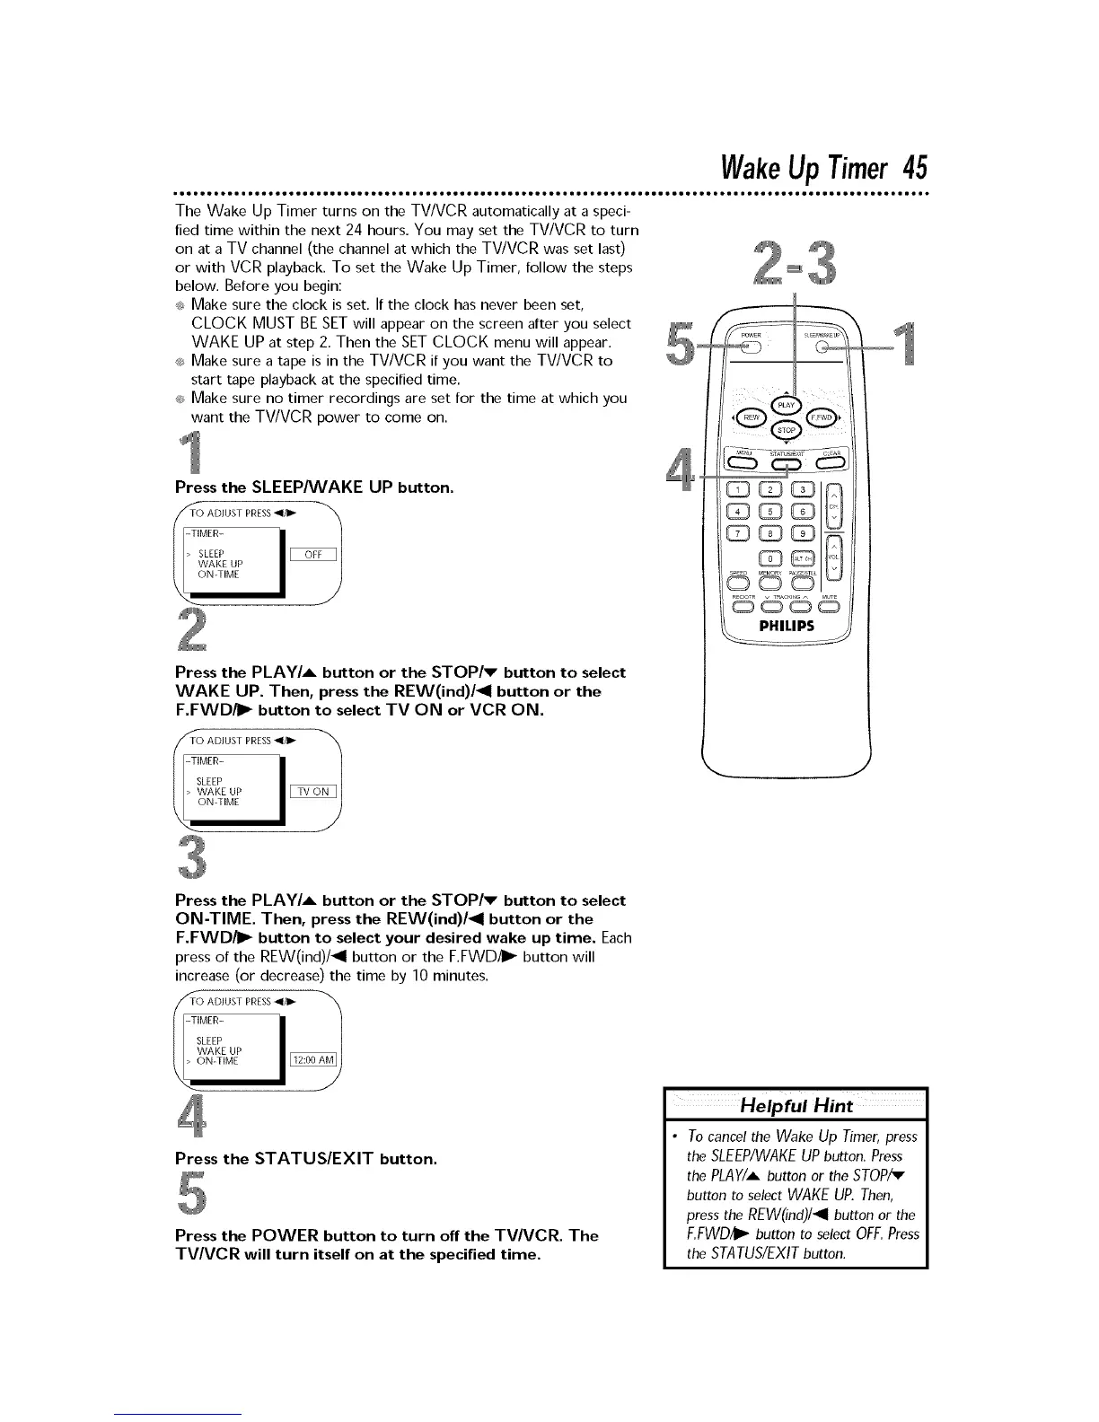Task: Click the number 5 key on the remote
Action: [x=770, y=513]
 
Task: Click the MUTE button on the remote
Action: [x=830, y=604]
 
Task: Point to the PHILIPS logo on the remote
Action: [x=787, y=627]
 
